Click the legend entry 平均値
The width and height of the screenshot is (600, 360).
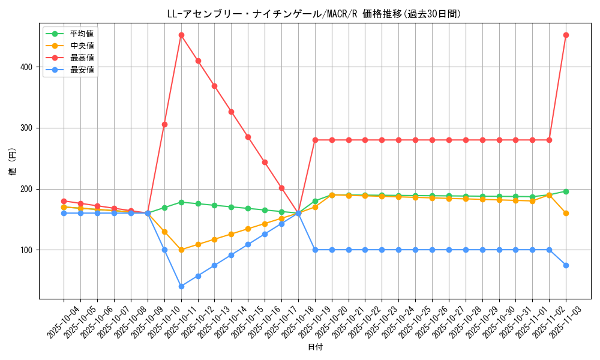pos(82,34)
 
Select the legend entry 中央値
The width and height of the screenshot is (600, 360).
pos(82,46)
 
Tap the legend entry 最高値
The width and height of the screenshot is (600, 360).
pos(82,58)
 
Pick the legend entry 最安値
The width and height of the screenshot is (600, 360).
pos(82,70)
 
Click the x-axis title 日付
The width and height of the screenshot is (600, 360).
pos(315,347)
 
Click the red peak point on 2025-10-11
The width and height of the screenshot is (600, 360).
pos(181,35)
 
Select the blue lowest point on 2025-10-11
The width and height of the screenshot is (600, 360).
pos(181,286)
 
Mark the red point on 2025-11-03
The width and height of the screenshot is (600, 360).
pos(566,35)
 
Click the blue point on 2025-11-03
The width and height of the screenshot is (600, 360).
pos(566,265)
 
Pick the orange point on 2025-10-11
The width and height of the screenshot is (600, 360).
pos(181,250)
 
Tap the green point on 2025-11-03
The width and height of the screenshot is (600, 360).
pos(566,191)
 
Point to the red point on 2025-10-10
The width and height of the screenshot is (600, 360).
pos(164,124)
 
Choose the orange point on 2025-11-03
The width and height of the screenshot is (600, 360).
pos(566,213)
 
